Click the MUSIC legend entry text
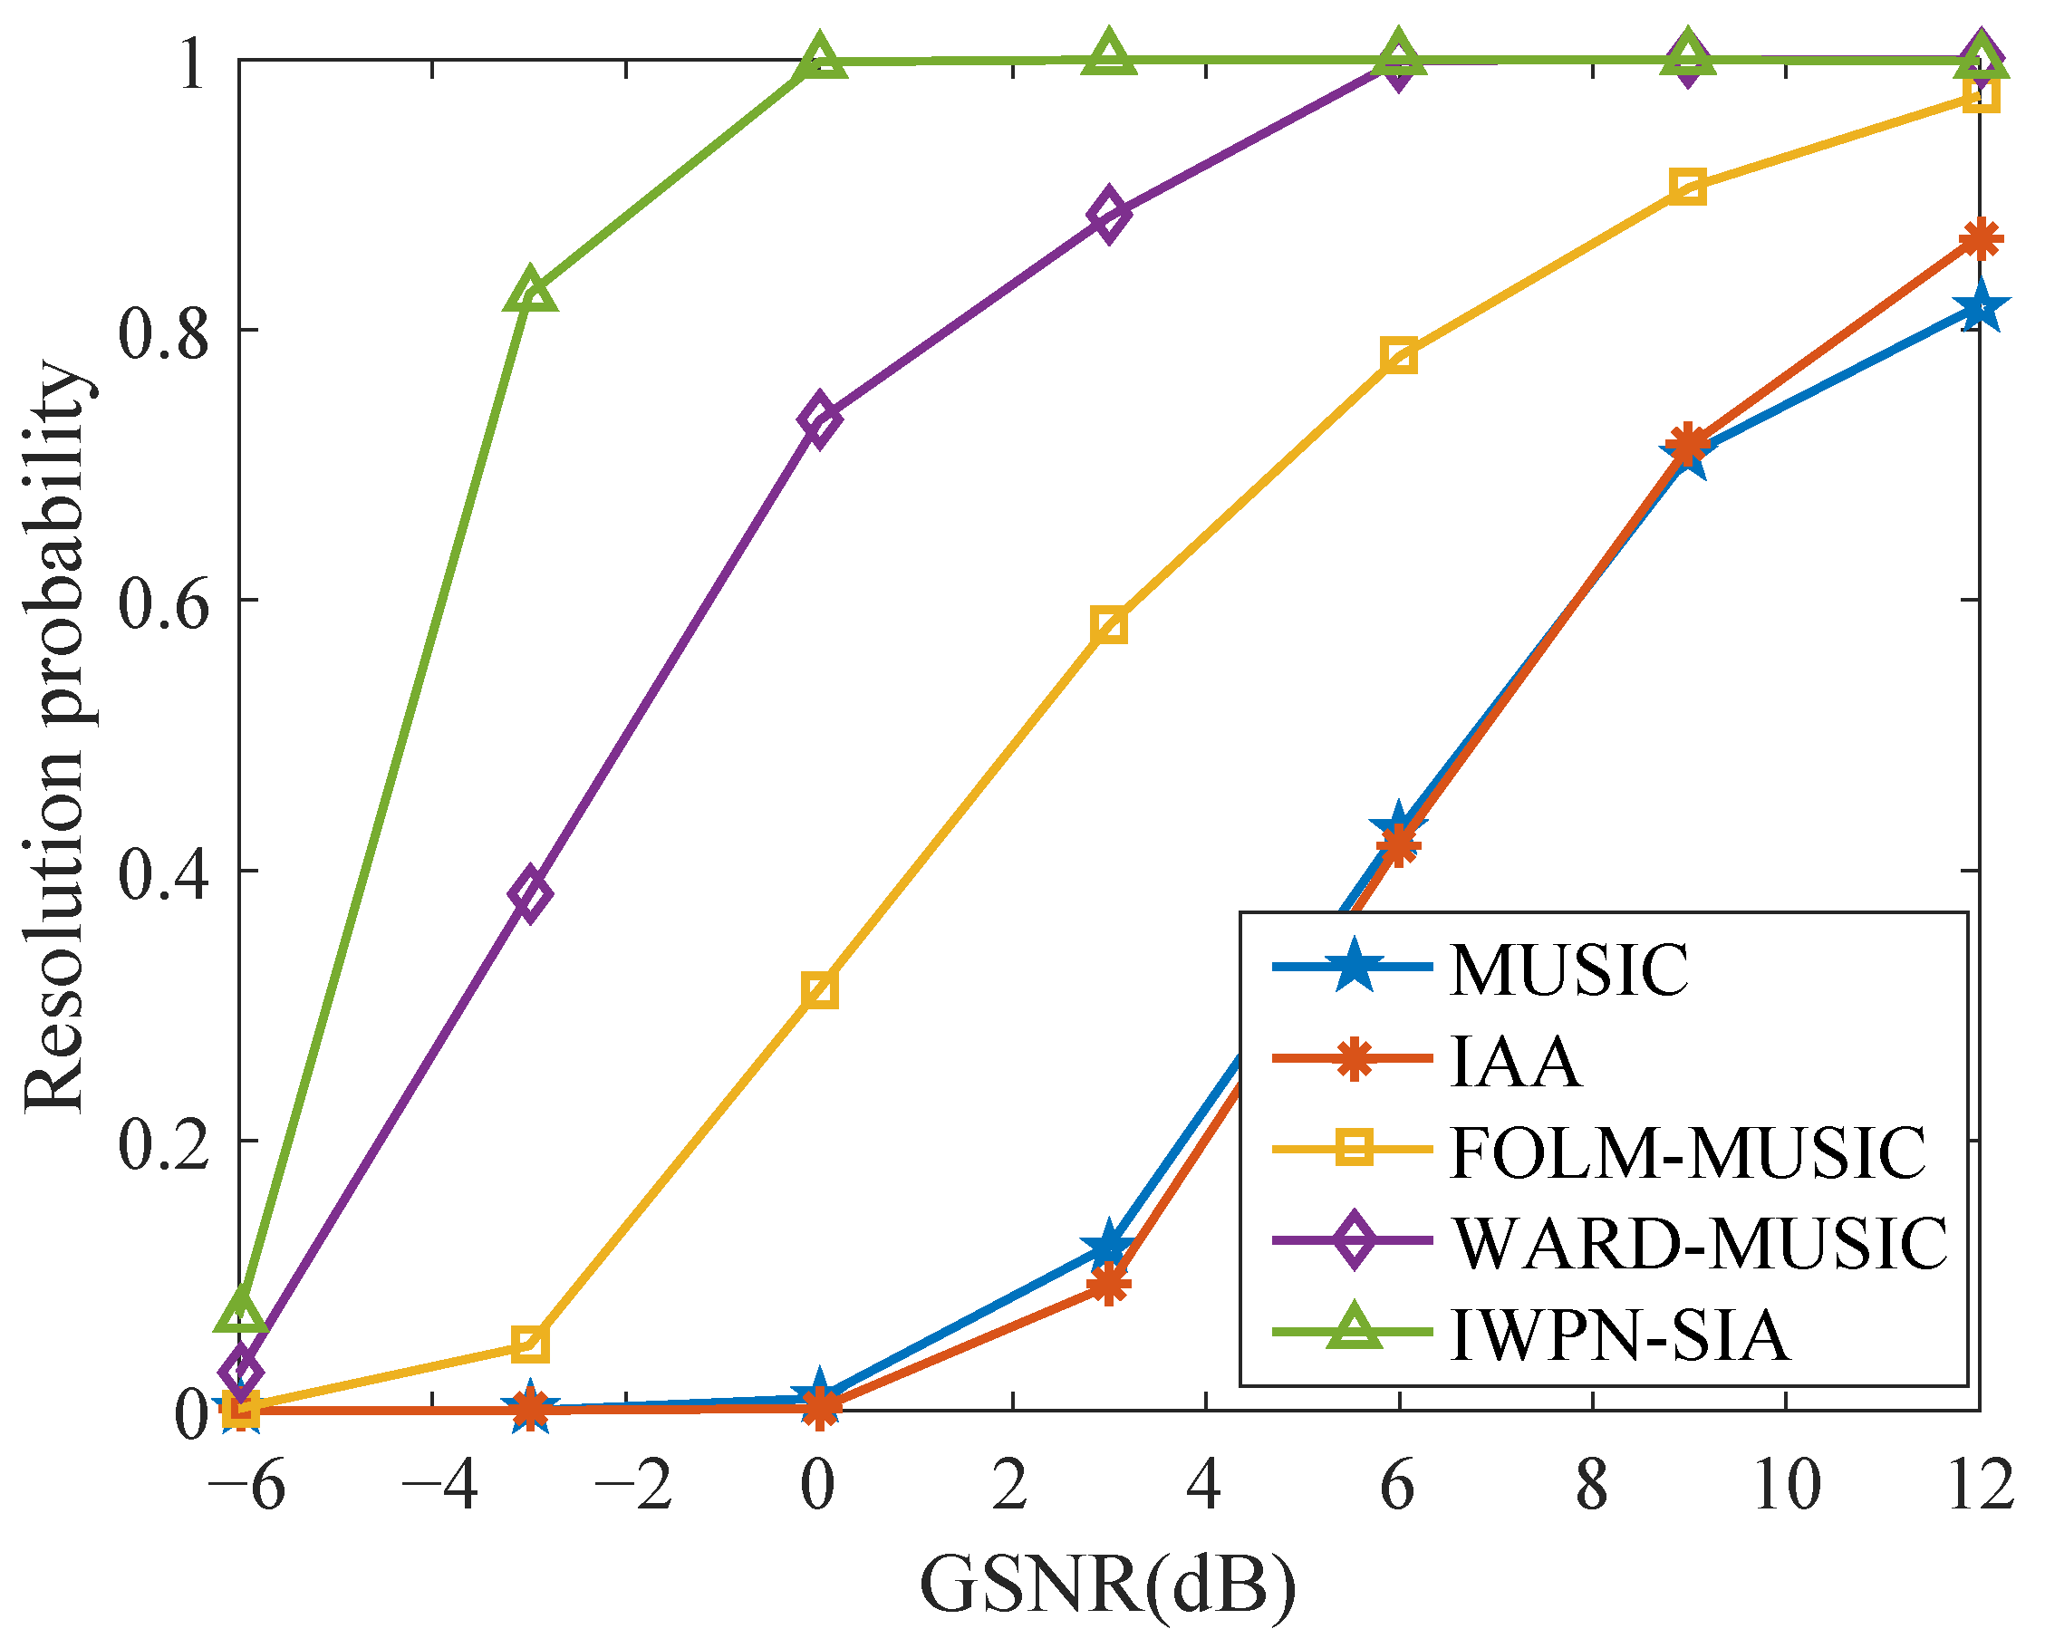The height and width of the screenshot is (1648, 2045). click(x=1568, y=971)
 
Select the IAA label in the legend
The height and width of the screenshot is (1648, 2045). click(x=1516, y=1063)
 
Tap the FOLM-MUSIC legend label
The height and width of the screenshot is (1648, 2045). click(x=1688, y=1153)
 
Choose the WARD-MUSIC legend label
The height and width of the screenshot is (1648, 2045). click(x=1700, y=1245)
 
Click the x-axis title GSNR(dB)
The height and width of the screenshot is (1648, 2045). click(x=1108, y=1585)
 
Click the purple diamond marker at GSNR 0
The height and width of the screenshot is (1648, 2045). click(x=819, y=419)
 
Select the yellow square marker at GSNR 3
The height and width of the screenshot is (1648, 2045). click(x=1109, y=627)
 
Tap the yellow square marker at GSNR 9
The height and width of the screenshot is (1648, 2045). click(x=1687, y=187)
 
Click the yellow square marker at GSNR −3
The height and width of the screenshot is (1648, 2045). click(x=531, y=1344)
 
